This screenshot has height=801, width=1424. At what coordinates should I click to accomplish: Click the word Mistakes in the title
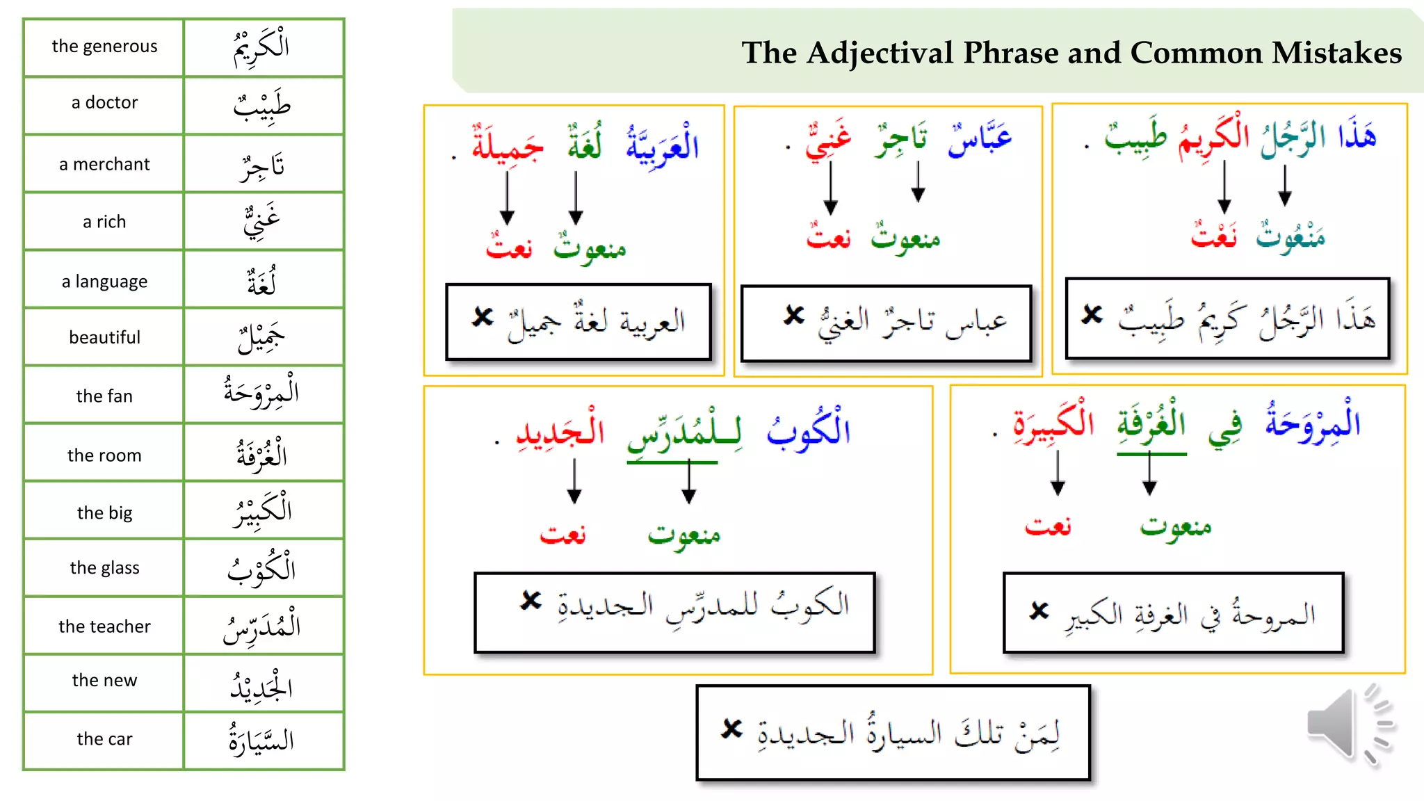(x=1336, y=53)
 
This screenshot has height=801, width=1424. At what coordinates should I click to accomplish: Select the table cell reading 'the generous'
(x=104, y=47)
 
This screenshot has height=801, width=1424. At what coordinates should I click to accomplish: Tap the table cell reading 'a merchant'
(x=104, y=164)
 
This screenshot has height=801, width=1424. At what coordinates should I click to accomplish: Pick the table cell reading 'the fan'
(x=104, y=396)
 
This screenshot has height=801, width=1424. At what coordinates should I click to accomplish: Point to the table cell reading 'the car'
(x=104, y=739)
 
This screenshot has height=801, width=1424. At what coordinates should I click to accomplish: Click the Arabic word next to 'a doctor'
(x=262, y=105)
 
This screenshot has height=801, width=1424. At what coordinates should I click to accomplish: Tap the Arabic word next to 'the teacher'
(x=262, y=626)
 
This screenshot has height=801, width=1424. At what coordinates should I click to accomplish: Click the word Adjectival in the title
(x=880, y=53)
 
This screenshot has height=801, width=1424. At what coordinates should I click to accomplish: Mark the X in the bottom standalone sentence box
(x=731, y=729)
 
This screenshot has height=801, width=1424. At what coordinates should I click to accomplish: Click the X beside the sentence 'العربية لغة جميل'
(x=482, y=316)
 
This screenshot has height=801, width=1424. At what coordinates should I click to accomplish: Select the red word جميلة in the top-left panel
(x=508, y=145)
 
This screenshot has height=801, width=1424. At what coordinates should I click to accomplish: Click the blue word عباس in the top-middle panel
(x=980, y=138)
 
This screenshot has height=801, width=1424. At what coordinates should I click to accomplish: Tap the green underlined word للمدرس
(x=684, y=432)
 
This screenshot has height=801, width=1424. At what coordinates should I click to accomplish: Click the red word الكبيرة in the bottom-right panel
(x=1053, y=423)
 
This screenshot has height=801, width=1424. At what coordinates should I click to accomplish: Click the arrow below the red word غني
(x=830, y=188)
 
